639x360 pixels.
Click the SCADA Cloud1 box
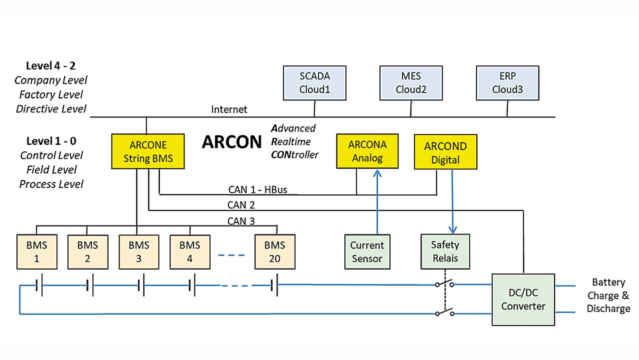pyautogui.click(x=315, y=83)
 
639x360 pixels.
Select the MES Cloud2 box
pyautogui.click(x=411, y=83)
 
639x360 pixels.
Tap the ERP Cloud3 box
pyautogui.click(x=507, y=83)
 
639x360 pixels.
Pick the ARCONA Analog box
pyautogui.click(x=367, y=151)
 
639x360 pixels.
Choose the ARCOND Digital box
pyautogui.click(x=445, y=153)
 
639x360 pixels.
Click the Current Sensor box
pyautogui.click(x=367, y=252)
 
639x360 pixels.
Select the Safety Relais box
pyautogui.click(x=444, y=252)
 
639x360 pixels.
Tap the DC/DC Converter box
pyautogui.click(x=523, y=300)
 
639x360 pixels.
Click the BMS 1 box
pyautogui.click(x=37, y=252)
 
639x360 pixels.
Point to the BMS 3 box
pyautogui.click(x=139, y=252)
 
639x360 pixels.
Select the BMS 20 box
pyautogui.click(x=275, y=252)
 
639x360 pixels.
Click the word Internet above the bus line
pyautogui.click(x=229, y=109)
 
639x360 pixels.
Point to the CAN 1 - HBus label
pyautogui.click(x=258, y=190)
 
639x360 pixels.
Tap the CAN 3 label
pyautogui.click(x=241, y=221)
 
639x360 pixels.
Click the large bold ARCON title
pyautogui.click(x=232, y=142)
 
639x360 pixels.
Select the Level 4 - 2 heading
pyautogui.click(x=51, y=66)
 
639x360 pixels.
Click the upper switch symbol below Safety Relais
pyautogui.click(x=444, y=284)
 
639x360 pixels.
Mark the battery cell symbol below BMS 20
pyautogui.click(x=275, y=286)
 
